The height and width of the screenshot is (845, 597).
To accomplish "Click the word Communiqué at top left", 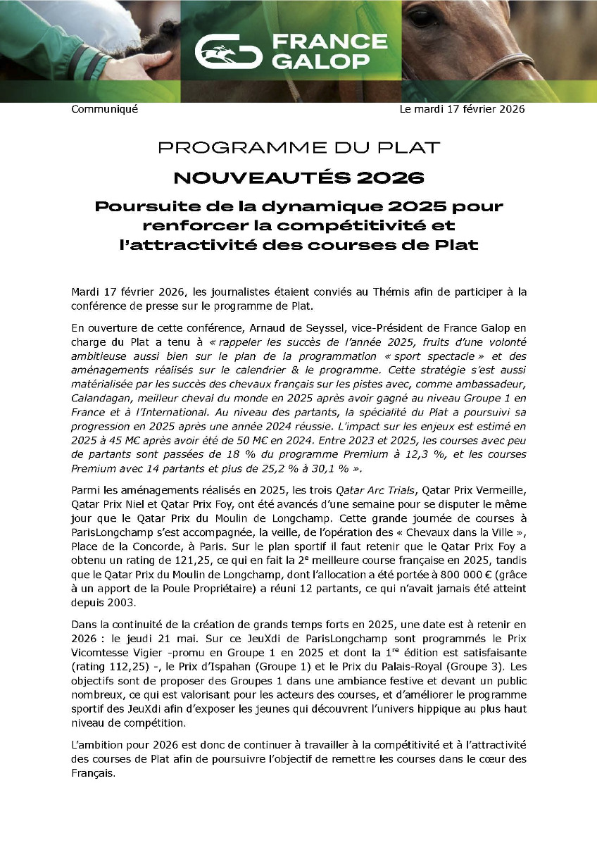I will pos(105,109).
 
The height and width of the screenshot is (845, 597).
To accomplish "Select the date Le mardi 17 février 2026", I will pos(462,109).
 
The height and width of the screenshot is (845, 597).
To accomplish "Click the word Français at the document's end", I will pos(92,772).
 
